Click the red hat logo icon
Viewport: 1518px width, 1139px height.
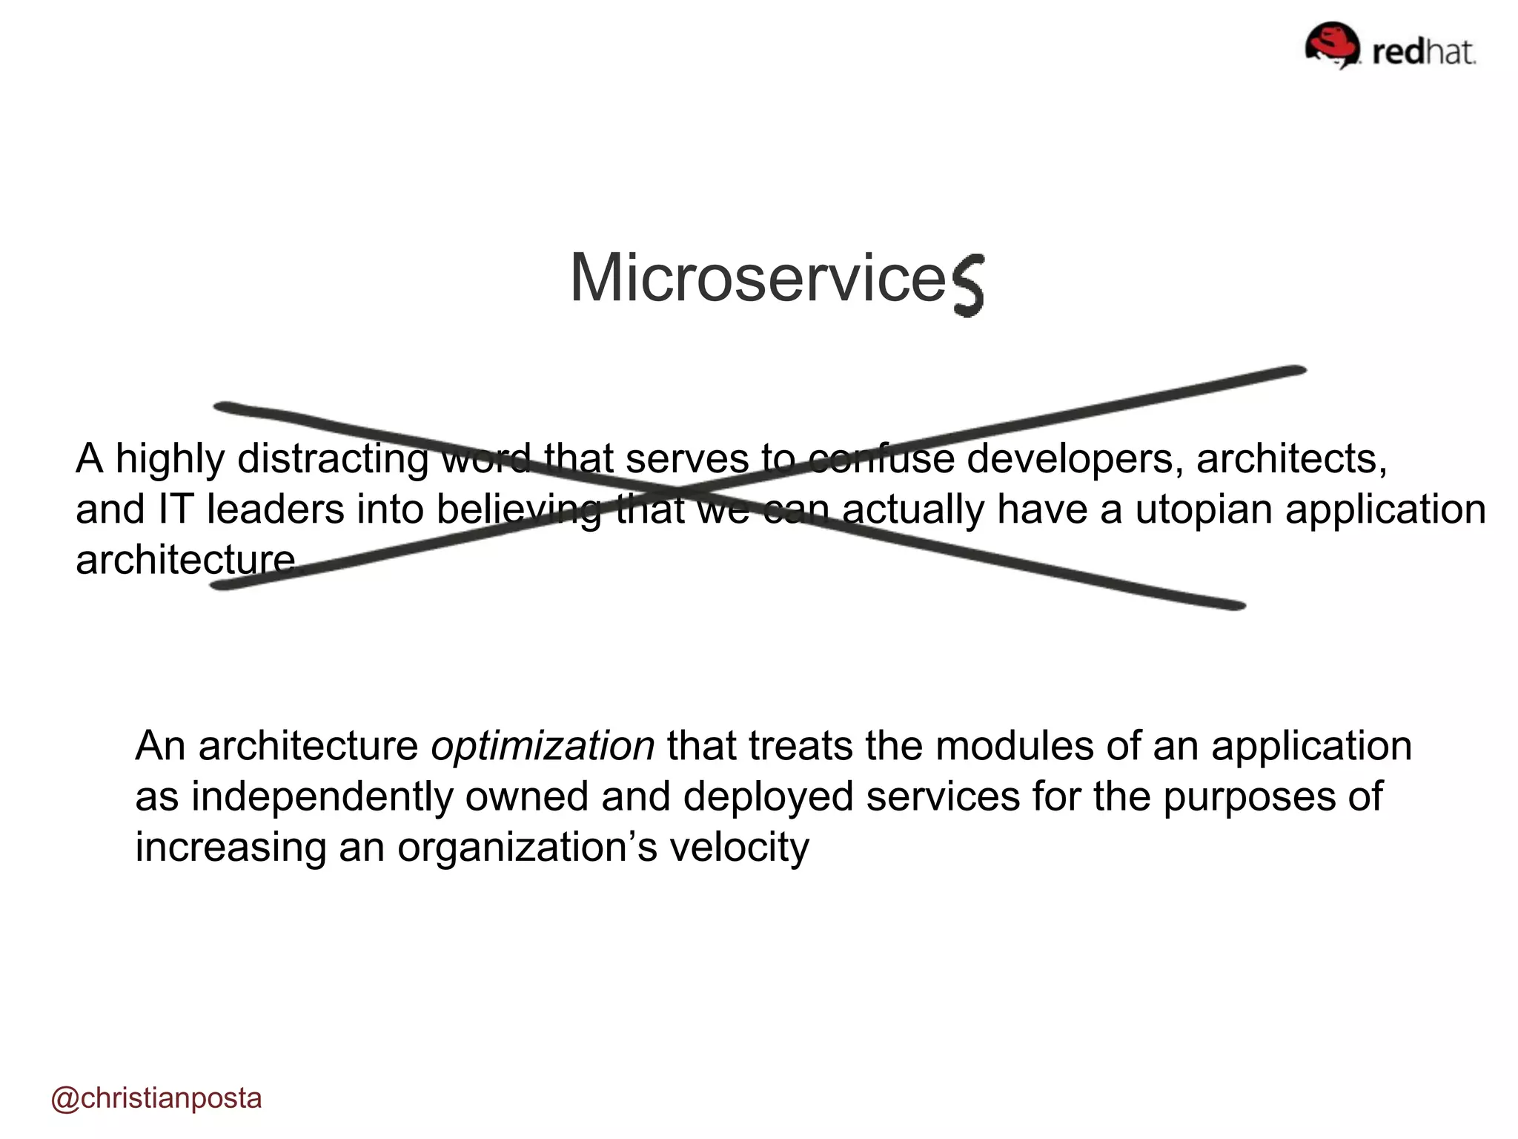tap(1332, 45)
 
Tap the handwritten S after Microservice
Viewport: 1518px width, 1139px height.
tap(967, 285)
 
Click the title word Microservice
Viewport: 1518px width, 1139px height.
tap(758, 278)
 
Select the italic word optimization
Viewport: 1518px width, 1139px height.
tap(543, 746)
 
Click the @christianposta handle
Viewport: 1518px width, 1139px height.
tap(156, 1098)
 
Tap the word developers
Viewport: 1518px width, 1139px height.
tap(1070, 458)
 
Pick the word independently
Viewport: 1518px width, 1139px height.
tap(322, 796)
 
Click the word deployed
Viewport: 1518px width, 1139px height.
tap(768, 796)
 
